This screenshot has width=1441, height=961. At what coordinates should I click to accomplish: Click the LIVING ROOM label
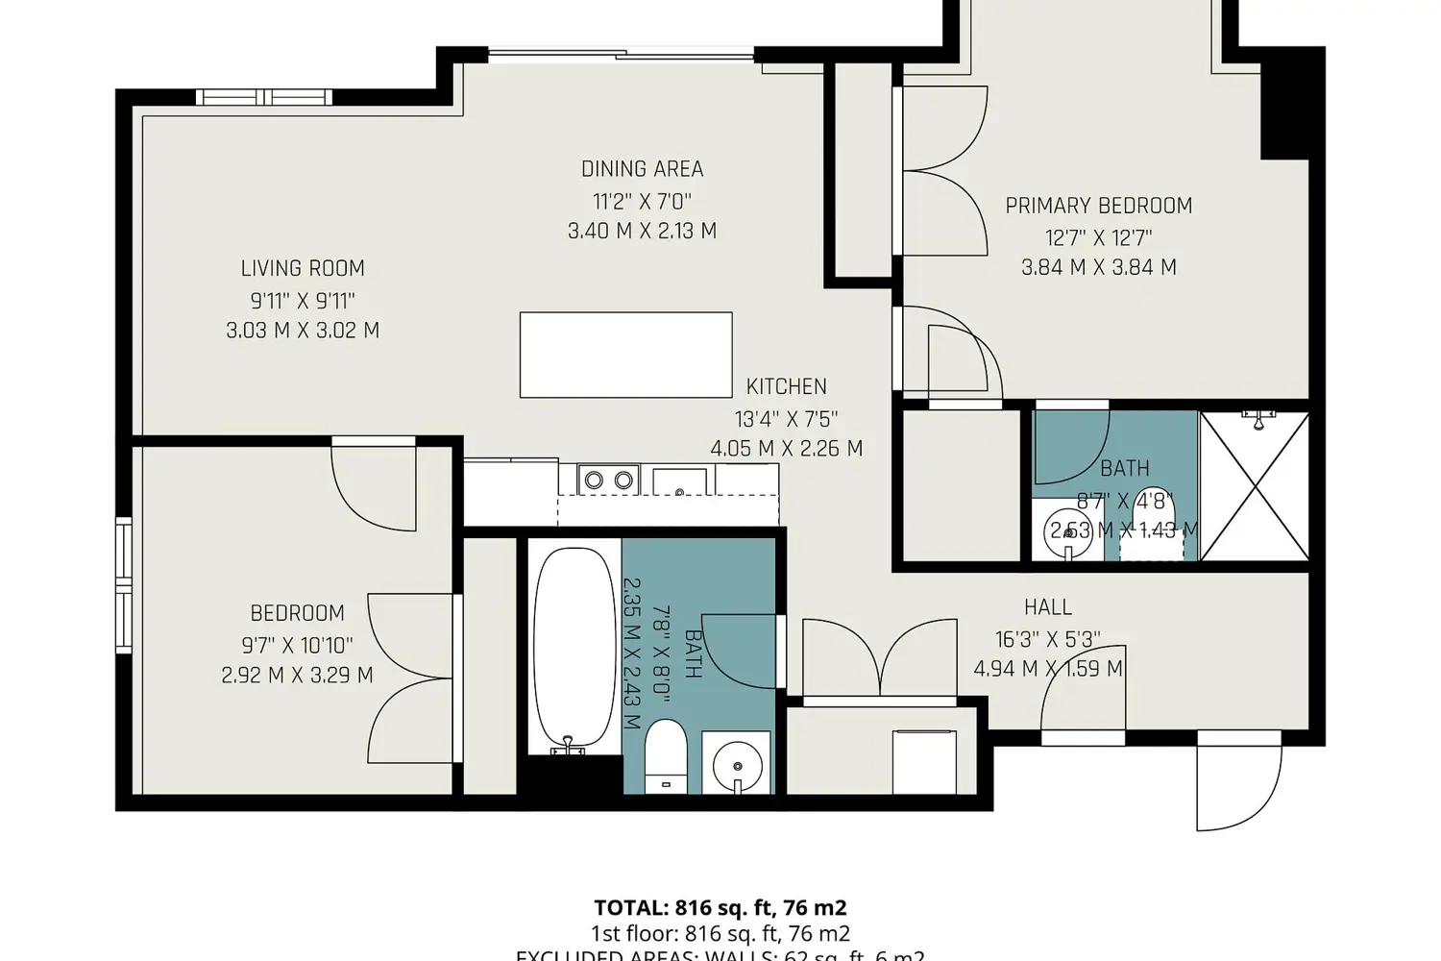[x=303, y=268]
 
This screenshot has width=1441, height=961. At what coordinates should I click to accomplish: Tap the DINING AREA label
[x=642, y=169]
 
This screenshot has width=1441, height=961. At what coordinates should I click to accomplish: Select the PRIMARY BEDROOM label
[x=1098, y=206]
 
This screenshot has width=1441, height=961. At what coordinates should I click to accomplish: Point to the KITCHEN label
[x=786, y=386]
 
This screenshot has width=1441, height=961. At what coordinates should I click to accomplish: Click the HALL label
[x=1047, y=607]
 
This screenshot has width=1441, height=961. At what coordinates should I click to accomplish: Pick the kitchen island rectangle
[x=625, y=355]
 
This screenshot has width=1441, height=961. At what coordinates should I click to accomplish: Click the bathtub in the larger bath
[x=574, y=649]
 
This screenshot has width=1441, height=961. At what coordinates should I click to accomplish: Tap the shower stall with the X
[x=1255, y=485]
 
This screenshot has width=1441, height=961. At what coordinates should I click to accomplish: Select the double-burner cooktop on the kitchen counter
[x=609, y=479]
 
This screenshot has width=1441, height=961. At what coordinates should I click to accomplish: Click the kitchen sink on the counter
[x=680, y=480]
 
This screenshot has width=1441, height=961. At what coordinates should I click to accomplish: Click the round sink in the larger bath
[x=737, y=765]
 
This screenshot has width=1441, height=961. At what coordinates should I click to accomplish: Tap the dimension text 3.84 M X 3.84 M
[x=1098, y=267]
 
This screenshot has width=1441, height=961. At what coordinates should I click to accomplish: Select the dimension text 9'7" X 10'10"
[x=297, y=645]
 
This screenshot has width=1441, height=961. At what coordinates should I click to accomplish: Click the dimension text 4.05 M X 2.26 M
[x=786, y=449]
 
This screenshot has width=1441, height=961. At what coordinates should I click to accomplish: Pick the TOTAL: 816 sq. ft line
[x=720, y=908]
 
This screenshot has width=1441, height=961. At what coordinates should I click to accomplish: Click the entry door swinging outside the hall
[x=1239, y=783]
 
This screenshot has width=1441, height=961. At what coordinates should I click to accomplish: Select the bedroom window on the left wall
[x=123, y=586]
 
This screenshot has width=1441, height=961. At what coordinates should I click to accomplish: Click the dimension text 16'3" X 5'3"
[x=1047, y=639]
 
